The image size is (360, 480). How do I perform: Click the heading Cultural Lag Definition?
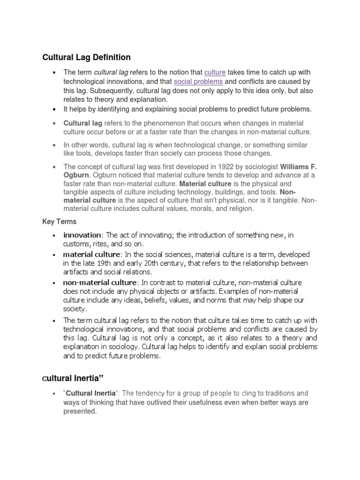click(87, 58)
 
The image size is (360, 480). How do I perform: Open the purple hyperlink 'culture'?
click(215, 73)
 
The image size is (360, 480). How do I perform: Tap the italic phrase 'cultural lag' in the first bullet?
click(111, 73)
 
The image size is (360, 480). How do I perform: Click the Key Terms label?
click(60, 221)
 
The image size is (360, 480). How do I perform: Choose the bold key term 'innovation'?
click(82, 235)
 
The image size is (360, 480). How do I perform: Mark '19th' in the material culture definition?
click(101, 263)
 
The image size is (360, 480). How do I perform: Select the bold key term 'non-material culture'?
click(100, 282)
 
